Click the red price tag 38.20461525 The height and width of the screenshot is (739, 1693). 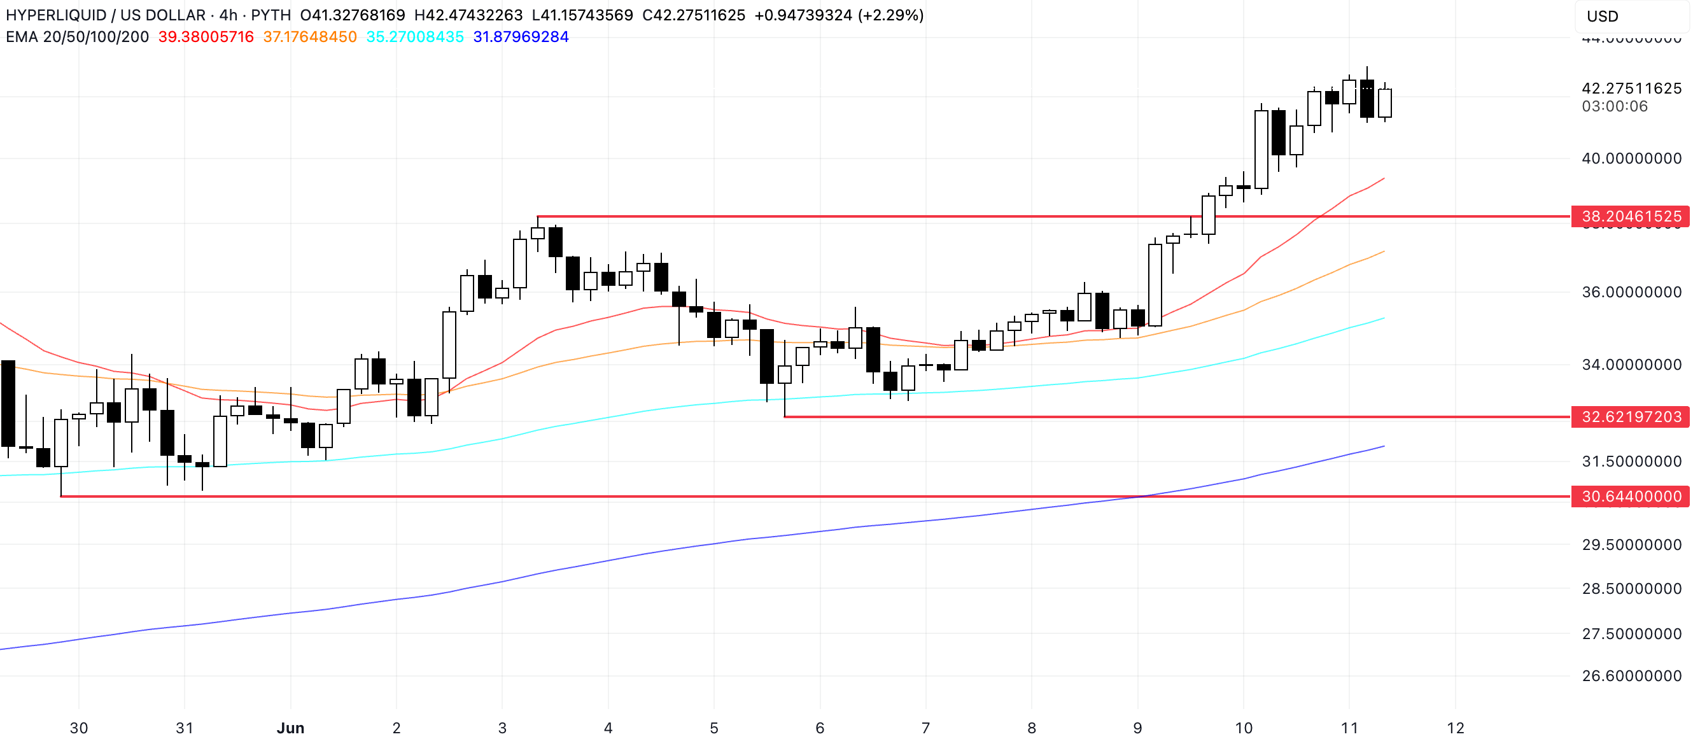click(1631, 216)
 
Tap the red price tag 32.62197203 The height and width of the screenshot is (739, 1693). click(1631, 417)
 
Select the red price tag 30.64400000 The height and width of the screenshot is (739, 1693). click(1631, 496)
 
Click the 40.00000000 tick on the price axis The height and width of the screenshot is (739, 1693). click(1631, 158)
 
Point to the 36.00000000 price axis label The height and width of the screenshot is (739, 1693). click(1631, 292)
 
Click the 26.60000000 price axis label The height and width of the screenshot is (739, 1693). click(1631, 676)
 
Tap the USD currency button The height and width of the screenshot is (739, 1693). click(1603, 17)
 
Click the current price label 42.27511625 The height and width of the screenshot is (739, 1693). click(1631, 88)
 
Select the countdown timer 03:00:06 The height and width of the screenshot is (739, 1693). click(1614, 106)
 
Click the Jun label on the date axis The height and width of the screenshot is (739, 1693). click(290, 728)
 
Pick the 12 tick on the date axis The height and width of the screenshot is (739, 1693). click(1455, 728)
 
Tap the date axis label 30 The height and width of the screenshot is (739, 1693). click(79, 728)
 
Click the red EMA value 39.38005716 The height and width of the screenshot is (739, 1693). click(206, 37)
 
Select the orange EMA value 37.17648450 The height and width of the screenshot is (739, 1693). click(309, 37)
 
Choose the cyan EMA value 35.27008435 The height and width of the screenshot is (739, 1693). click(415, 37)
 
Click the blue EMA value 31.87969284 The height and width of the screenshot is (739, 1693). click(521, 37)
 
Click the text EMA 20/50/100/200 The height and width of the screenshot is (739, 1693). click(78, 37)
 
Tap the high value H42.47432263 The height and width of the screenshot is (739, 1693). click(468, 15)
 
